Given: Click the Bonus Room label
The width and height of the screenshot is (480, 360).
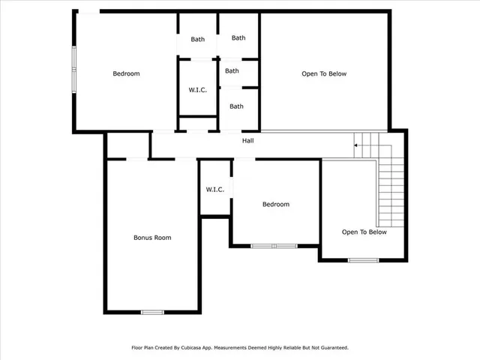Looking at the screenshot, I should (x=152, y=238).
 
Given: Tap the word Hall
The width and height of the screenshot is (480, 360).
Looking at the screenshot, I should (x=247, y=140).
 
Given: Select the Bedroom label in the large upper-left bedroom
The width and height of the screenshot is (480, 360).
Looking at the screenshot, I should (x=126, y=73).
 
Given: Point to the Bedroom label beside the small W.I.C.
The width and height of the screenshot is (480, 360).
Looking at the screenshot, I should (x=275, y=204).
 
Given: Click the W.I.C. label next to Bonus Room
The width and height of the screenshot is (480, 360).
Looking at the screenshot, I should (x=215, y=190).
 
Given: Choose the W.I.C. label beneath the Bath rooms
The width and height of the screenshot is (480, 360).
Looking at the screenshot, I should (x=197, y=90).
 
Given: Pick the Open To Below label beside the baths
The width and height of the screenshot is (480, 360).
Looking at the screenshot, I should (x=324, y=73).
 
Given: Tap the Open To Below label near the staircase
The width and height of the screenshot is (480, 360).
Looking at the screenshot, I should (x=364, y=232).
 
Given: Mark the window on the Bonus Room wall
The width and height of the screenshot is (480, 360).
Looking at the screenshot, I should (x=152, y=312).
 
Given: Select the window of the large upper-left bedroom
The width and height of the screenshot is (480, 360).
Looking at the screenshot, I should (x=73, y=70).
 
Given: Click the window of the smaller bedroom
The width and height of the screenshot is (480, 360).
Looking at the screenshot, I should (x=274, y=245).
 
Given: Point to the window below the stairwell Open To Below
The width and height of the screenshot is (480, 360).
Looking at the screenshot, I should (x=362, y=260).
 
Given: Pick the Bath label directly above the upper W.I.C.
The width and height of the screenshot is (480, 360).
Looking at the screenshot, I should (x=197, y=39).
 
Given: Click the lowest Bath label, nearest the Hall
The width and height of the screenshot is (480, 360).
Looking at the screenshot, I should (x=236, y=106).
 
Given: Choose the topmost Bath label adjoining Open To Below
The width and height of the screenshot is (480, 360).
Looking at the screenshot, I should (x=238, y=37).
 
